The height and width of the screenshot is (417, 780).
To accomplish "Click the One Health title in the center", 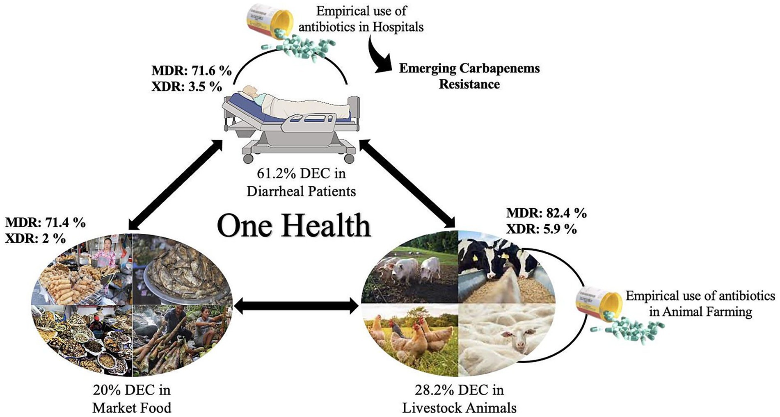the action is coord(294,225).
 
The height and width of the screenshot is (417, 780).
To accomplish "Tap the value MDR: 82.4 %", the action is coord(546,213).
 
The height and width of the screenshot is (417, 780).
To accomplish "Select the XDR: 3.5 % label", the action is coord(187,87).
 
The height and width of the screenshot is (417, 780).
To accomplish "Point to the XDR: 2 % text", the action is coord(35,238).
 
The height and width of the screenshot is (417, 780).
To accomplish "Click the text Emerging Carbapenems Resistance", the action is coord(469,76).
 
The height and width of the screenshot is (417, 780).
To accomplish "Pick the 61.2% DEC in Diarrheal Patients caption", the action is coord(301,182).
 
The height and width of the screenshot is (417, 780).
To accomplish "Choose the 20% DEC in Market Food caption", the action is coord(132,398).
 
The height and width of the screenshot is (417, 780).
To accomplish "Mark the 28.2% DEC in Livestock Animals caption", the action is coord(459,398).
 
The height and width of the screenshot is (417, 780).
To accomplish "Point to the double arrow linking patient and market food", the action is coord(176,184).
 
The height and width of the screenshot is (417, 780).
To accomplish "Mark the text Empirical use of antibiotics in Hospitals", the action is coord(361,18).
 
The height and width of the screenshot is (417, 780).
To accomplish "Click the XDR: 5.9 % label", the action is coord(541,229).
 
